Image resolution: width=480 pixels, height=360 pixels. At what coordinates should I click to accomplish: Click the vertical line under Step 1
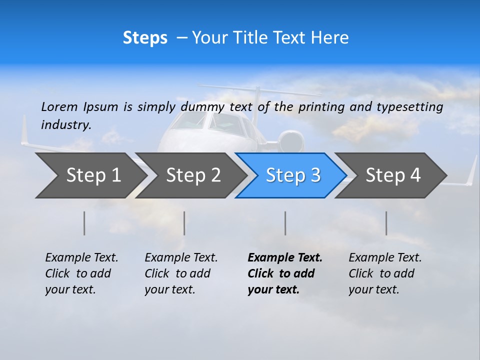tap(84, 223)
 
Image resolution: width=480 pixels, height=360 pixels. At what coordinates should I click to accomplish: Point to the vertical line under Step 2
tap(184, 223)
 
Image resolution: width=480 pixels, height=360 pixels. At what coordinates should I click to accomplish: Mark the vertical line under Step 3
tap(285, 223)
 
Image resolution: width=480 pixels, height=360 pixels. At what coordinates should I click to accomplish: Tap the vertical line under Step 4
tap(386, 223)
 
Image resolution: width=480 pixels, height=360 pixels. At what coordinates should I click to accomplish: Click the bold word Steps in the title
tap(145, 38)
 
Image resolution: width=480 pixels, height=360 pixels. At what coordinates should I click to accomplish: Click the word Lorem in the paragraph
tap(59, 106)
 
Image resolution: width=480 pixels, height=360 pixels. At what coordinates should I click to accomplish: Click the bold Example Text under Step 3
tap(285, 258)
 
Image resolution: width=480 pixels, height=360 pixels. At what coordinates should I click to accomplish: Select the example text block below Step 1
tap(81, 273)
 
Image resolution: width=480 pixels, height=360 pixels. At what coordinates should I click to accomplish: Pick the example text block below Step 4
tap(385, 273)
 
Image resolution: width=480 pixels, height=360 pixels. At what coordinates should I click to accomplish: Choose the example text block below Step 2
tap(181, 273)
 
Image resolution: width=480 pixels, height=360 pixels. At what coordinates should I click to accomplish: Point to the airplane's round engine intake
tap(291, 141)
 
